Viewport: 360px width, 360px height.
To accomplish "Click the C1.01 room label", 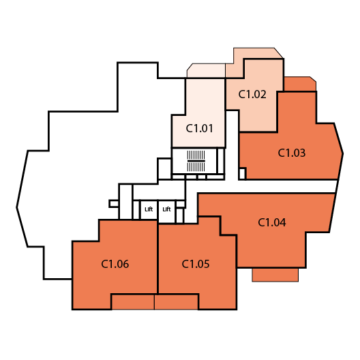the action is click(x=200, y=128).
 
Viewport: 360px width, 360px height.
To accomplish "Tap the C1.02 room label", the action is click(x=252, y=94).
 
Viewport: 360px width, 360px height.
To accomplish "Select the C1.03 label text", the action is click(x=292, y=153).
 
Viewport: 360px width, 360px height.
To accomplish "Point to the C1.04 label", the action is click(x=272, y=222).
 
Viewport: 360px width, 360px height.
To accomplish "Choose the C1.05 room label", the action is click(x=196, y=264).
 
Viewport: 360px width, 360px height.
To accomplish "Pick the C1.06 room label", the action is click(x=115, y=264).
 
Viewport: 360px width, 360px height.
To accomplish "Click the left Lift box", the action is click(x=149, y=210).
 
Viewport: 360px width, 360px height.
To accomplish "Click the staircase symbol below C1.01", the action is click(x=196, y=161).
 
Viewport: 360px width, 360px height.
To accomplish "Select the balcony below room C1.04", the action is click(x=275, y=275).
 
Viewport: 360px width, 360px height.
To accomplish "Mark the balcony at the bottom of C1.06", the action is click(x=133, y=301).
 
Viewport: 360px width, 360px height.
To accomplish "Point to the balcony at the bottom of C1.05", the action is click(x=177, y=301).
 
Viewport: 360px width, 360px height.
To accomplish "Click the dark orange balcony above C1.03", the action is click(x=300, y=84).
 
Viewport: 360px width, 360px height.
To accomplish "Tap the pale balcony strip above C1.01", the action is click(x=206, y=70).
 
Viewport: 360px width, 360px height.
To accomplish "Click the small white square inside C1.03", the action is click(x=242, y=174).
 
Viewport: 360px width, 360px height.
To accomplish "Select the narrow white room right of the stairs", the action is click(x=220, y=161).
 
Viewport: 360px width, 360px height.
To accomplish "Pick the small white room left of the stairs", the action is click(x=164, y=169).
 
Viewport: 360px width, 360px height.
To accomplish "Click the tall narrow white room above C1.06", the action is click(x=126, y=202).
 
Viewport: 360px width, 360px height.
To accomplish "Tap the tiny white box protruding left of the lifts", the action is click(x=114, y=204).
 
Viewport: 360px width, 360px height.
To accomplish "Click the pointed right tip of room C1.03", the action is click(x=343, y=153).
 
